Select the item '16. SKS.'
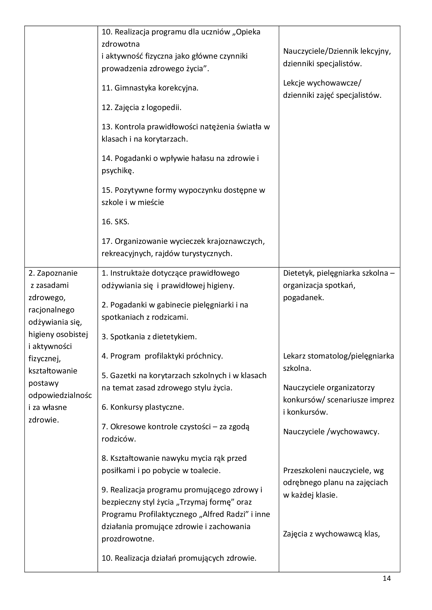[x=115, y=222]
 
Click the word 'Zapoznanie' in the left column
[x=57, y=273]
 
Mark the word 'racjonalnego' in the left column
[x=51, y=310]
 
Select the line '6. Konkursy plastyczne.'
[x=143, y=407]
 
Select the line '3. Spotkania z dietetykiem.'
[x=149, y=337]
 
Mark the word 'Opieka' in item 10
[x=248, y=32]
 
